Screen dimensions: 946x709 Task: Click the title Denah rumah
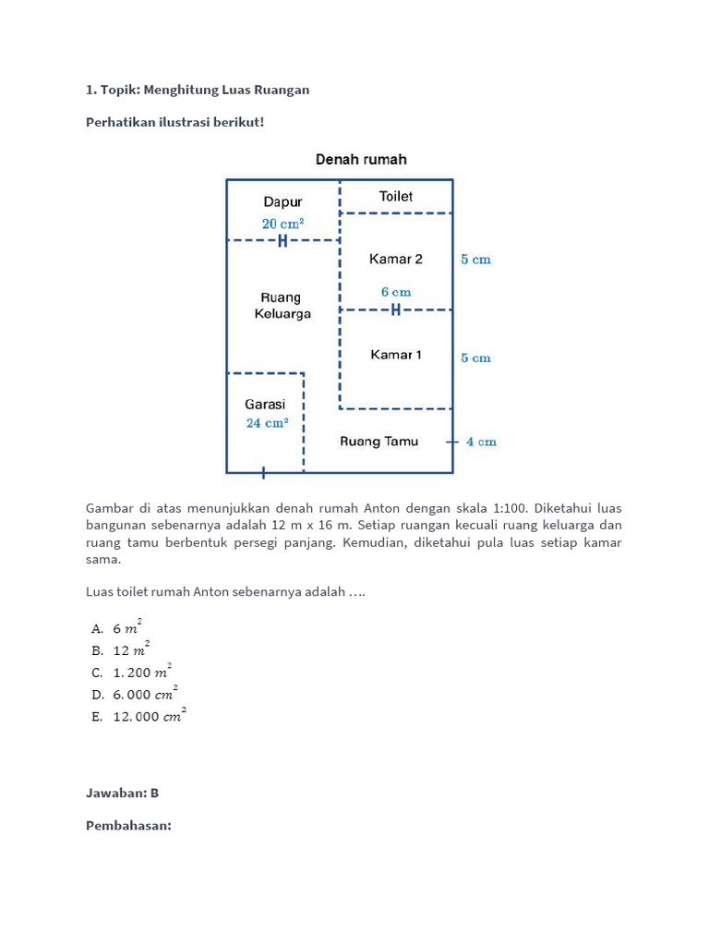(361, 160)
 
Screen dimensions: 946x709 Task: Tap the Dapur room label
(282, 201)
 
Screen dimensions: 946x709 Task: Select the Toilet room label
(396, 196)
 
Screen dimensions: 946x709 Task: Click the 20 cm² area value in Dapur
(282, 224)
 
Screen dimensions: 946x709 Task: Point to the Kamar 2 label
(396, 260)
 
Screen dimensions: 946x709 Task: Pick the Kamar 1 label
(396, 355)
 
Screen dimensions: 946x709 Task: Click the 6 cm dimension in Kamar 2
(396, 292)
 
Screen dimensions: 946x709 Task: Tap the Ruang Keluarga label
(282, 306)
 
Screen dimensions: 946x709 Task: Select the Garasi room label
(265, 404)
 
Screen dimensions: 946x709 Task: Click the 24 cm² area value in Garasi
(267, 423)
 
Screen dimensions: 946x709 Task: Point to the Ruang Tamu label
(379, 442)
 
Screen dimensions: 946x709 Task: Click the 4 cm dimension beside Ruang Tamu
(481, 443)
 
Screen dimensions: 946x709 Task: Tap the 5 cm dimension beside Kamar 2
(476, 260)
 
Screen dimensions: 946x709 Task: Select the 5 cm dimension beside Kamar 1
(476, 358)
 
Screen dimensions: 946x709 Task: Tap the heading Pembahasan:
(128, 825)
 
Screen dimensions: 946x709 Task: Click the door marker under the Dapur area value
(282, 241)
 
